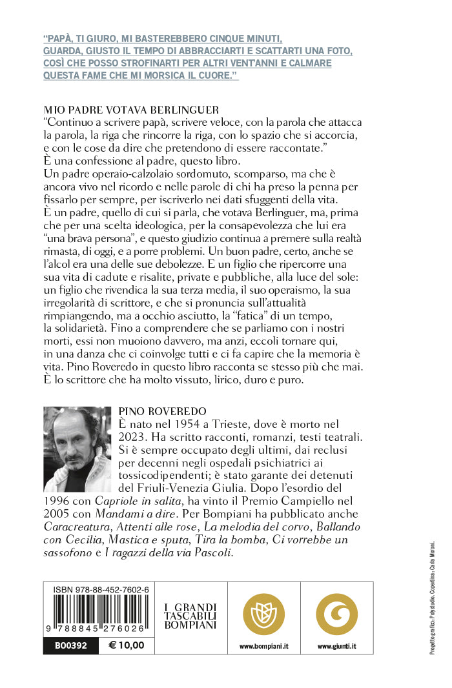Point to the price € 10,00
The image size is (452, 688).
(x=127, y=645)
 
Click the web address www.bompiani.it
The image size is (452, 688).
(x=263, y=645)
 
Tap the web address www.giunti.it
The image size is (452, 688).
(x=336, y=645)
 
